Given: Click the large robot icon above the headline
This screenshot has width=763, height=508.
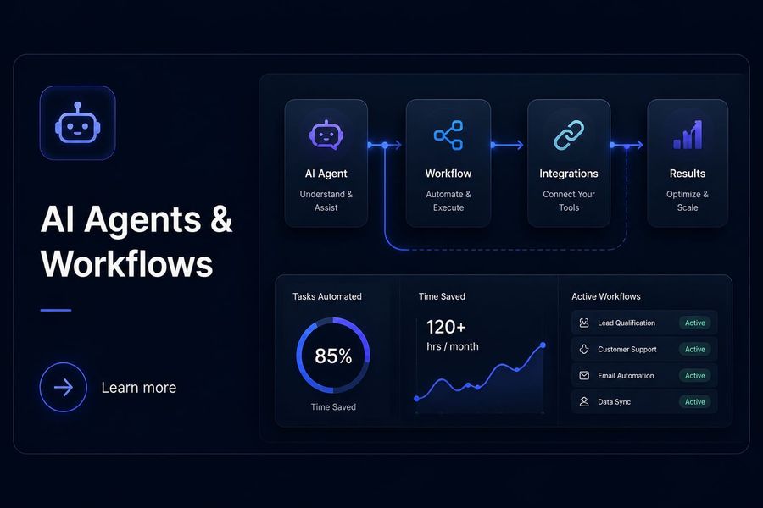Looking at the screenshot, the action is [x=77, y=123].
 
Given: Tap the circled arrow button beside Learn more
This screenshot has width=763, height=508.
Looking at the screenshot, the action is [x=64, y=388].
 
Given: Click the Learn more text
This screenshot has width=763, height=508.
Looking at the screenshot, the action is [x=139, y=388].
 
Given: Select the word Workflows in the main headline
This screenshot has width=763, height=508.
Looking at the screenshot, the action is [x=127, y=264].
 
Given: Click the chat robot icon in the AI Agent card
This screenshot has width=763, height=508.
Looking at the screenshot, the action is [x=326, y=135].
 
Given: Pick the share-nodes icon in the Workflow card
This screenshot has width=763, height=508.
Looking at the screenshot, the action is [x=448, y=135].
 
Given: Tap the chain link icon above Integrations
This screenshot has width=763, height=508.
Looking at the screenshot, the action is [x=569, y=135].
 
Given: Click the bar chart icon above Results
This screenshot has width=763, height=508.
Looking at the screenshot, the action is [x=688, y=135].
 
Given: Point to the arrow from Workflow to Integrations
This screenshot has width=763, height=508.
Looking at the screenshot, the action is [x=507, y=145].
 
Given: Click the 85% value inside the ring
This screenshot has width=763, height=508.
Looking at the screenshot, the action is [x=333, y=356].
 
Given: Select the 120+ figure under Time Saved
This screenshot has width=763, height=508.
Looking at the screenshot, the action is [x=446, y=327].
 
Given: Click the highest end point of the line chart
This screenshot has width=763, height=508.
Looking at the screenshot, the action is [x=543, y=345].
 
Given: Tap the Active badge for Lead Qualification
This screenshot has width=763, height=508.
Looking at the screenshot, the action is [x=695, y=323].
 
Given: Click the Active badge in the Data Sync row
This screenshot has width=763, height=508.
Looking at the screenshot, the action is [x=695, y=401].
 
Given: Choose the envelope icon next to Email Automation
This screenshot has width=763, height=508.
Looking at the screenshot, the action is [x=584, y=375].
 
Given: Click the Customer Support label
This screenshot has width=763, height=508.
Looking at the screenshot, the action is [x=627, y=349].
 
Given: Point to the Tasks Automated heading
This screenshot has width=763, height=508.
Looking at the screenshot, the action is [x=327, y=296].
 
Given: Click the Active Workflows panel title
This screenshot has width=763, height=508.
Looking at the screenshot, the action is [x=606, y=296].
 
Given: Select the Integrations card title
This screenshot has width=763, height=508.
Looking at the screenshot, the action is [x=569, y=174].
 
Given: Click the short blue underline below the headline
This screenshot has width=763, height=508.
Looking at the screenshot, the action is [x=56, y=310].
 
